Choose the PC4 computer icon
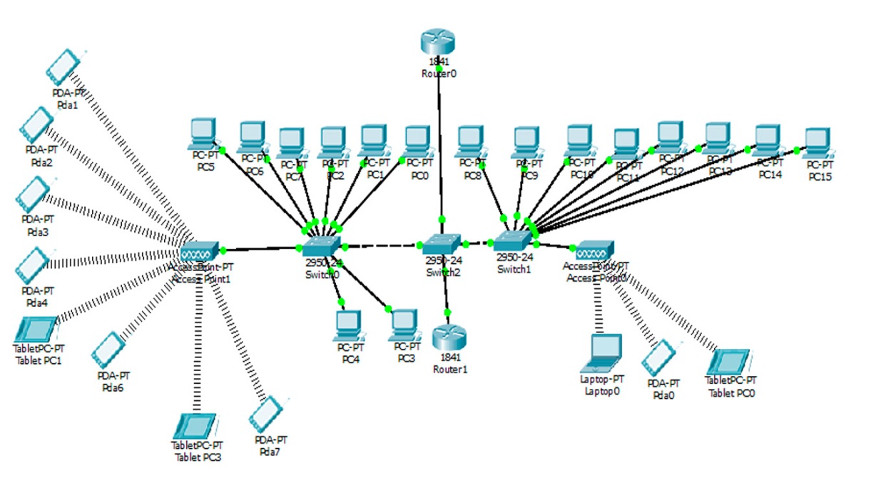(x=349, y=325)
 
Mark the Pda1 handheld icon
(x=64, y=67)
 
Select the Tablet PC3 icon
(x=195, y=426)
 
